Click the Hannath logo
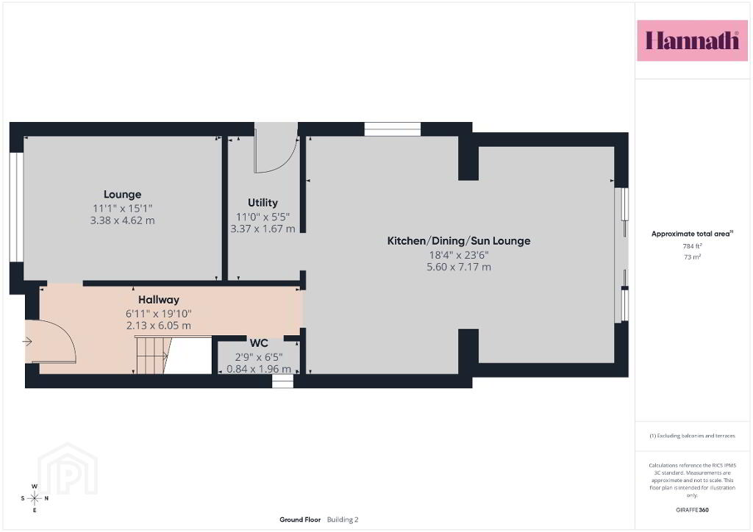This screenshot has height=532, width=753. [692, 40]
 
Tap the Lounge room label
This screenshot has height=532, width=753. [123, 194]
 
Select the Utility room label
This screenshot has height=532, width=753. [263, 202]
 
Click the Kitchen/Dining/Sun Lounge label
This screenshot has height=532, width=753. [459, 241]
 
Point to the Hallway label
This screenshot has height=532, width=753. [159, 300]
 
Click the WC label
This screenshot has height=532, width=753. [259, 343]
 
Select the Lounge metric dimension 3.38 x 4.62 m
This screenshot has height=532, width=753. [123, 220]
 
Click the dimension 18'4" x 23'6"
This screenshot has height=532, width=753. [459, 255]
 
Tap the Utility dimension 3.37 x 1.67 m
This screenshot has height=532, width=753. [263, 229]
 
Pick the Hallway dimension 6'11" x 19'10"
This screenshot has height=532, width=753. [159, 314]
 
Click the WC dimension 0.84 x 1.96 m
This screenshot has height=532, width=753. [259, 369]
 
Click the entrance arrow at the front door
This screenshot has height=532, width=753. [27, 342]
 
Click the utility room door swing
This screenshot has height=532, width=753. [276, 148]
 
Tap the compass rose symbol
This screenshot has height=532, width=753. [35, 498]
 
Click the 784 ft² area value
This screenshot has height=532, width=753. [692, 246]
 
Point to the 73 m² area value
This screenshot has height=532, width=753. [692, 257]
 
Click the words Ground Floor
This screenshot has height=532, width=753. [300, 520]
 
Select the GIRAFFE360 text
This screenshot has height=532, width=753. [692, 510]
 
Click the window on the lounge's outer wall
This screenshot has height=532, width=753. [17, 207]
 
